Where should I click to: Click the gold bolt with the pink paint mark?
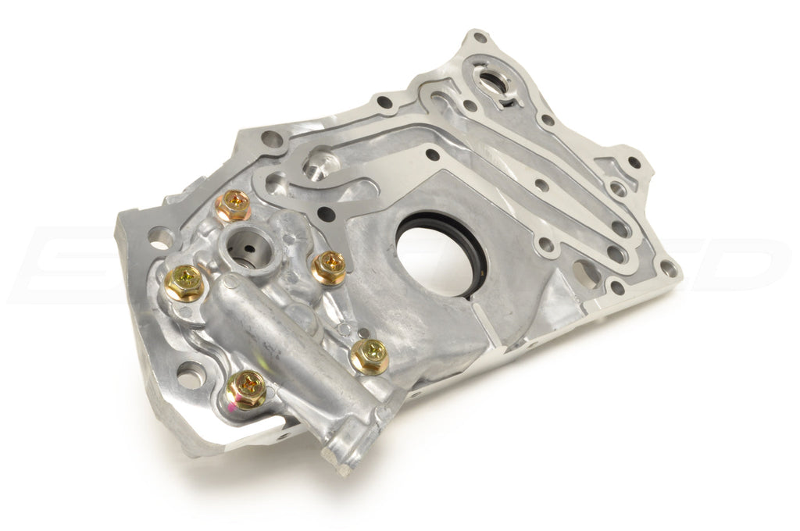[x=246, y=388]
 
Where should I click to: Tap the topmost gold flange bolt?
[x=232, y=206]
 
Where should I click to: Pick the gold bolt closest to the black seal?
[x=329, y=268]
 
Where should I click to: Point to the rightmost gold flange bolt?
[x=369, y=355]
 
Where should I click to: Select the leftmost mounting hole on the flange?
[x=160, y=234]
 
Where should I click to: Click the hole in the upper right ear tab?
[x=633, y=162]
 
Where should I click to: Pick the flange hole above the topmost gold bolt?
[x=272, y=141]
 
